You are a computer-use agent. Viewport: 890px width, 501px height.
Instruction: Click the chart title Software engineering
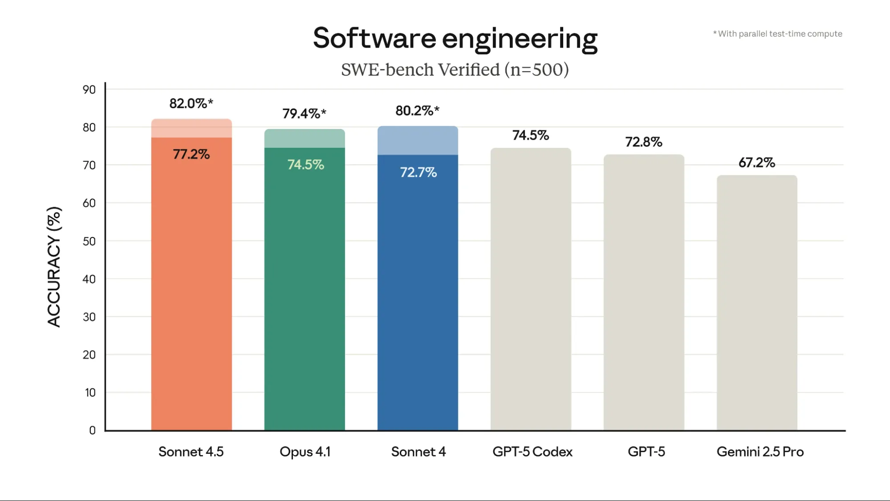click(455, 38)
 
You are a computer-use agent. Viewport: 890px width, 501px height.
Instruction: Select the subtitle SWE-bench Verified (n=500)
click(455, 70)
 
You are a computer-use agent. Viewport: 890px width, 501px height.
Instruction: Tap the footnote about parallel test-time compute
click(777, 34)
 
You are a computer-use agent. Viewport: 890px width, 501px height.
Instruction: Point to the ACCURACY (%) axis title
click(54, 267)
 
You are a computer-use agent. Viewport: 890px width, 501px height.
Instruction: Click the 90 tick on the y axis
click(89, 90)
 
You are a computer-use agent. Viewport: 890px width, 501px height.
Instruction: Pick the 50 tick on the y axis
click(89, 241)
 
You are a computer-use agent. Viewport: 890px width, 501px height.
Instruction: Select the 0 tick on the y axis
click(92, 430)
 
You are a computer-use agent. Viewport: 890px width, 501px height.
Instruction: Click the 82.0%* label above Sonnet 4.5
click(191, 103)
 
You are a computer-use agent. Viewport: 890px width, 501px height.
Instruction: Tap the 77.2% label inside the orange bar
click(191, 155)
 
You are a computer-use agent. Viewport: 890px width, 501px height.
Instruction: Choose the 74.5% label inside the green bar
click(305, 165)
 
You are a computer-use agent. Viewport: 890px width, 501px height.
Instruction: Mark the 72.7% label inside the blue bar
click(418, 172)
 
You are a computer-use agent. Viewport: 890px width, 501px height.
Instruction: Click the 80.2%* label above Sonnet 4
click(417, 110)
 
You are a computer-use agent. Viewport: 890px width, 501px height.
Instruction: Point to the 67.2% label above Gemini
click(756, 163)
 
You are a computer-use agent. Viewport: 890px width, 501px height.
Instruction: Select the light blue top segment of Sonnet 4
click(418, 141)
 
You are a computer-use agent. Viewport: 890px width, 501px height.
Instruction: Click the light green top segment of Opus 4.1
click(305, 138)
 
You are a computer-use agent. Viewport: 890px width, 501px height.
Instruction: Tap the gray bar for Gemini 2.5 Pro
click(756, 303)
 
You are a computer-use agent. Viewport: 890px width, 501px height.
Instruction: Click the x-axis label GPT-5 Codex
click(532, 452)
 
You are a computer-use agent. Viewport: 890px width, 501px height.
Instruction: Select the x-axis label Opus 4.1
click(305, 452)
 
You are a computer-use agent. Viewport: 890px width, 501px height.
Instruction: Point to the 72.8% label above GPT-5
click(643, 142)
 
